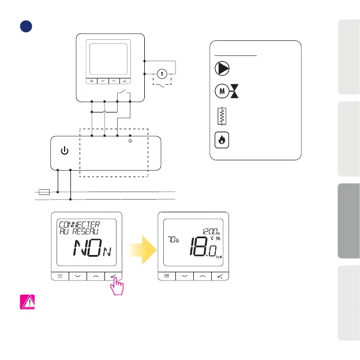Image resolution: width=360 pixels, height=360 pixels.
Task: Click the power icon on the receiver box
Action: click(65, 151)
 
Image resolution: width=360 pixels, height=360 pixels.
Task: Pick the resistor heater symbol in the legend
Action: click(220, 116)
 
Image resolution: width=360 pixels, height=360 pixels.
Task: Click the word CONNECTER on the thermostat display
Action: click(79, 223)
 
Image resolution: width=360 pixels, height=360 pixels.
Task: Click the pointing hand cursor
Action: click(118, 285)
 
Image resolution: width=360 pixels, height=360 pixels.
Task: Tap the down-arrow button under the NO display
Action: click(77, 276)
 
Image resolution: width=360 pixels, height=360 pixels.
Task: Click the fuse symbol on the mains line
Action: click(43, 191)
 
